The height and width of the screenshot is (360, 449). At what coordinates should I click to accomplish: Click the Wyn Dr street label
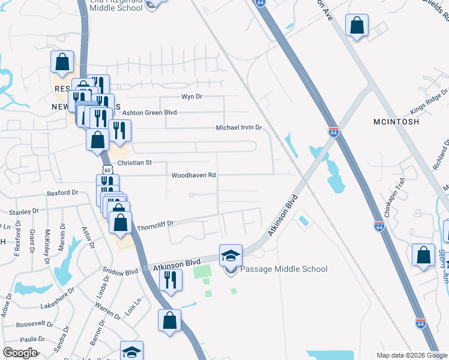193,97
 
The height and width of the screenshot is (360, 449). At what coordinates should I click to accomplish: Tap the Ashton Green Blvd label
149,112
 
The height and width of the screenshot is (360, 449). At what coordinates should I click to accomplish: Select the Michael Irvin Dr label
239,128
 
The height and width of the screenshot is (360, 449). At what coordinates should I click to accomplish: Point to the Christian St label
136,163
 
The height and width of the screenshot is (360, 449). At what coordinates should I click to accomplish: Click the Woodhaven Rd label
193,176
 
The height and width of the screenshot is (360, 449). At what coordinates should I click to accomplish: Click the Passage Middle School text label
284,269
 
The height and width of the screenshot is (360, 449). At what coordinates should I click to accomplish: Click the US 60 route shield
107,170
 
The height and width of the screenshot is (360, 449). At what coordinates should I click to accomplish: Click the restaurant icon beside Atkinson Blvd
171,280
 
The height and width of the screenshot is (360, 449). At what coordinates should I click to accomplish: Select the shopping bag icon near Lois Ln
170,320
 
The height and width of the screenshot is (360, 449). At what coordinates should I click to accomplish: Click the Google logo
19,353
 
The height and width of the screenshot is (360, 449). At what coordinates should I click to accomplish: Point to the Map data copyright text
411,355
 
